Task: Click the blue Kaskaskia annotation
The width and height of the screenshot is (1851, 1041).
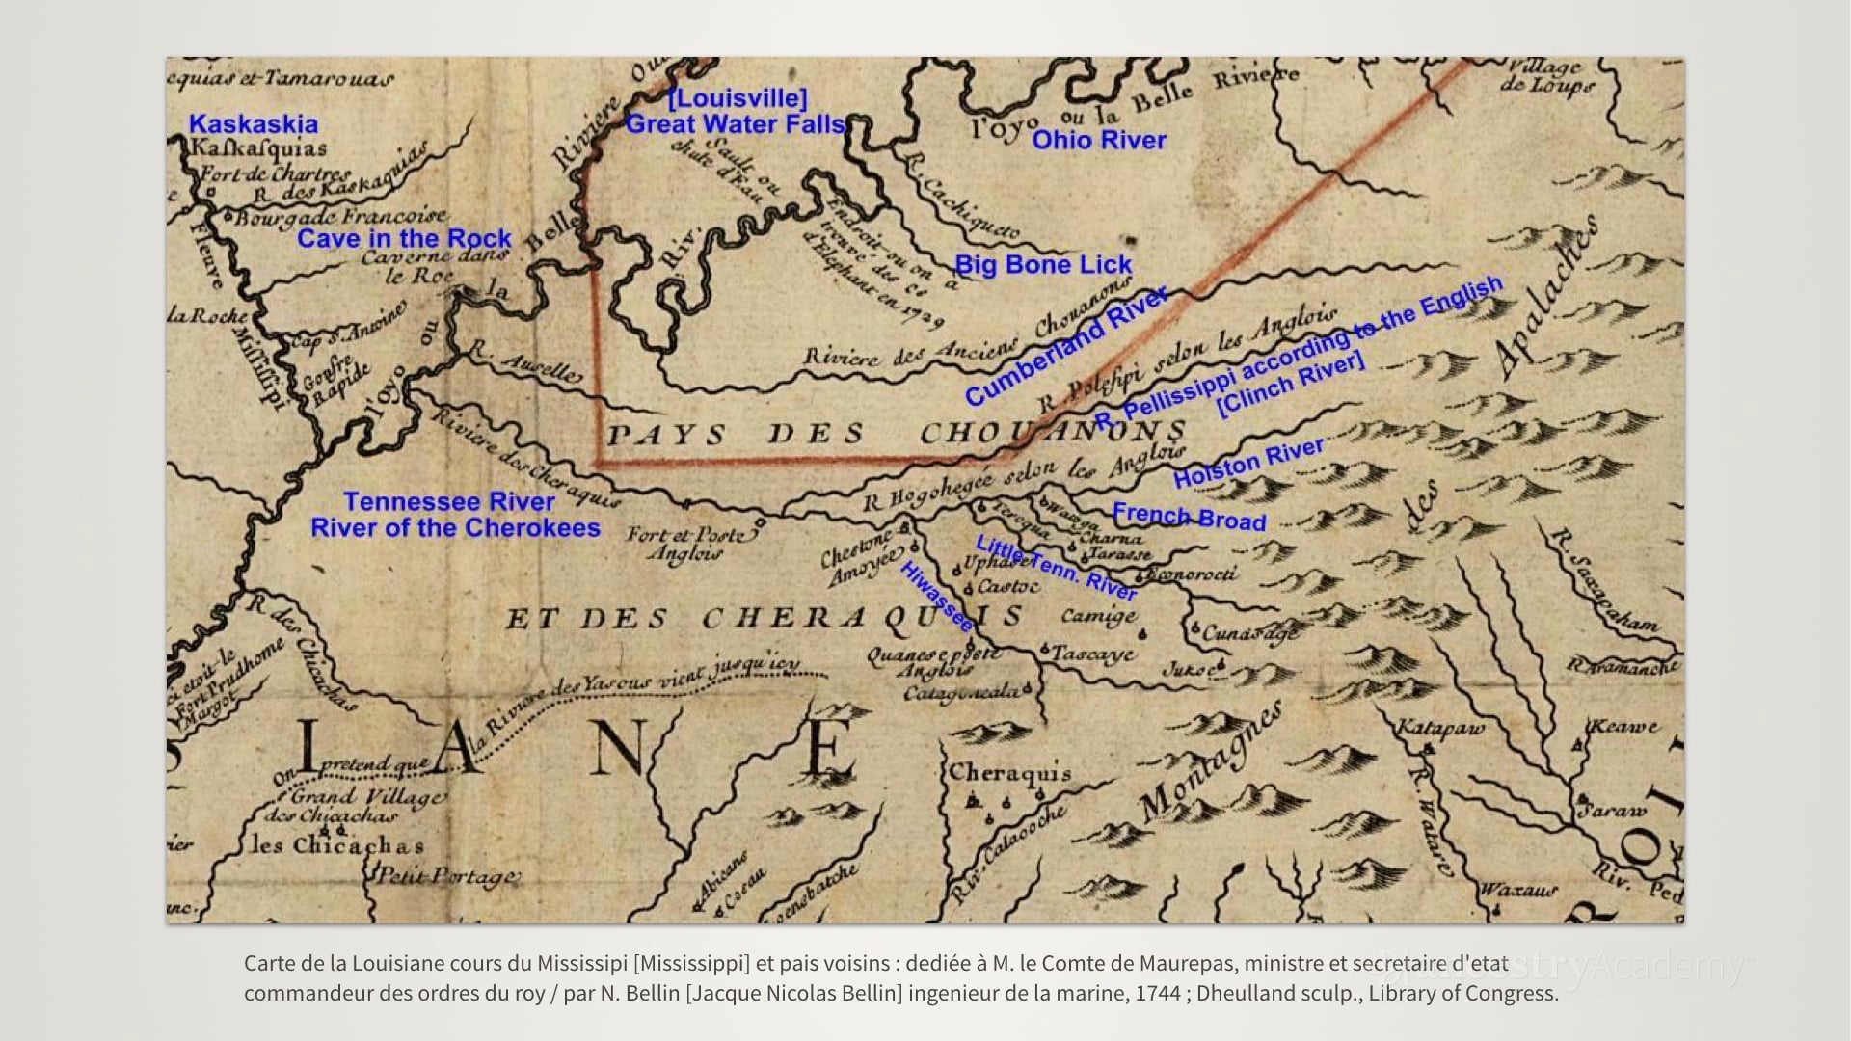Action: [253, 124]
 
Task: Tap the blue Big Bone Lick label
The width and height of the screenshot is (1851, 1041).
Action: [1043, 265]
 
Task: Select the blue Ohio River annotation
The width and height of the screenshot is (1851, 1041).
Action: [1099, 141]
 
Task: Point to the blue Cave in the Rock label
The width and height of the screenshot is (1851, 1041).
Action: [404, 239]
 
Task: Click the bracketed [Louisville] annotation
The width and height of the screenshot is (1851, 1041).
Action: [738, 98]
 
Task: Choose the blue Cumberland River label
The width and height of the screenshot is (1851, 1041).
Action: [1066, 348]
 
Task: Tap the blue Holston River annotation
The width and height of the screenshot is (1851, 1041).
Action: [1248, 463]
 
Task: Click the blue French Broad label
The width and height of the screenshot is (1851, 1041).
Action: [1189, 518]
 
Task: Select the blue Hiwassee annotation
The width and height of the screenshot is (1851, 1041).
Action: [936, 597]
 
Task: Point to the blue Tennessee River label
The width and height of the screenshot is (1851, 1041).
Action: [449, 502]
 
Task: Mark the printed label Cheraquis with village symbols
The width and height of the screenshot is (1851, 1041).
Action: [1009, 773]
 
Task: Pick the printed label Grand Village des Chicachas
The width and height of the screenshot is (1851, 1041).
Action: [362, 806]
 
